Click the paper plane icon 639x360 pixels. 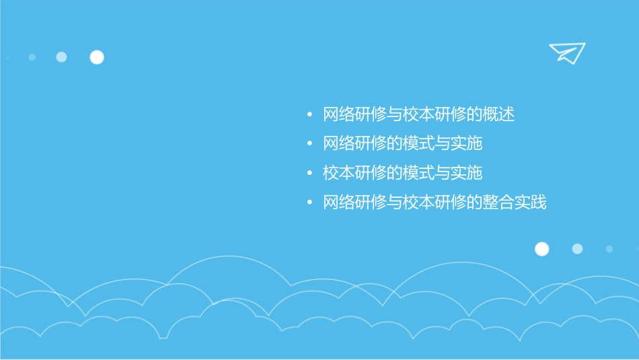(567, 52)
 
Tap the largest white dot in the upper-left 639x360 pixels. (97, 57)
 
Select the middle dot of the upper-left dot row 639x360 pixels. (61, 57)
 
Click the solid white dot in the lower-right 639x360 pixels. (541, 249)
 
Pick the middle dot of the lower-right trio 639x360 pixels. (577, 249)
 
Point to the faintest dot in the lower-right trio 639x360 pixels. (609, 249)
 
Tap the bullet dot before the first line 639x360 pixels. (309, 115)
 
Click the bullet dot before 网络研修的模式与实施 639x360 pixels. (309, 144)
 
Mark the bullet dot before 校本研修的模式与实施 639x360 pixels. (309, 174)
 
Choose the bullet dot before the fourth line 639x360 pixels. (309, 203)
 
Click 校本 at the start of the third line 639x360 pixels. (339, 173)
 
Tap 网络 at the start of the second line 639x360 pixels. (339, 143)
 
